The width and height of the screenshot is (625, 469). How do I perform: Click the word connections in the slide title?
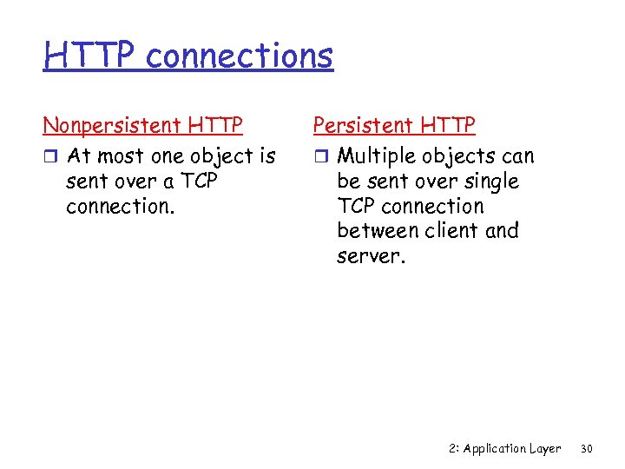(x=240, y=56)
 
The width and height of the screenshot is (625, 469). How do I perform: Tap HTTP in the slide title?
(x=91, y=56)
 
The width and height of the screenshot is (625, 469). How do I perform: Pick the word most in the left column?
(x=122, y=157)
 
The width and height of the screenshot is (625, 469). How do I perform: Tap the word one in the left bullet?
(x=170, y=157)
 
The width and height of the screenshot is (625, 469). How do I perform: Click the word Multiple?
(x=376, y=156)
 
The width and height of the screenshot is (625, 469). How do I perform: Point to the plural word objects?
(x=461, y=157)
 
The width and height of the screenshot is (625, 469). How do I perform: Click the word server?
(x=368, y=256)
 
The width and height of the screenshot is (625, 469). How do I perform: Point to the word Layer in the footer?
(x=546, y=449)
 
